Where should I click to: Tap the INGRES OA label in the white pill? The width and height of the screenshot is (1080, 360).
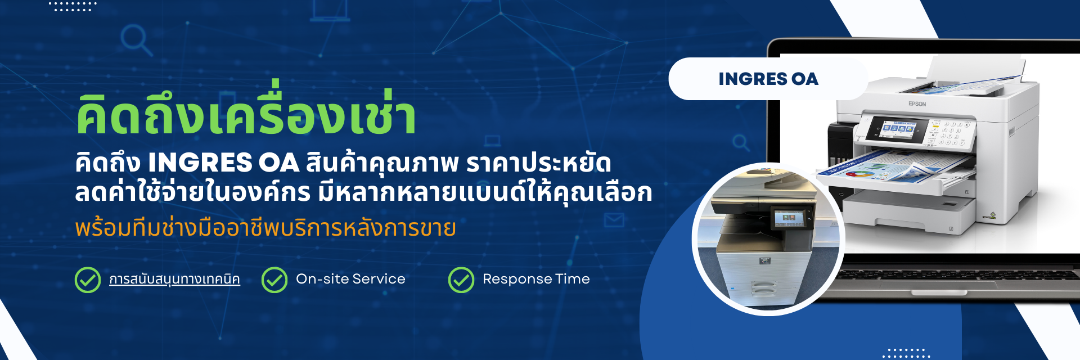(768, 79)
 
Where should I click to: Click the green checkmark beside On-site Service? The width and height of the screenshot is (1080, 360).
(274, 280)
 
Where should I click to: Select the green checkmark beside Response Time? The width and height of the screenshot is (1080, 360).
(461, 280)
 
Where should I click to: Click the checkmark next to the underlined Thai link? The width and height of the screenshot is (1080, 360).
(88, 280)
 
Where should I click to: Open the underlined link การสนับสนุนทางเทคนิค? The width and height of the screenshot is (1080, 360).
(174, 280)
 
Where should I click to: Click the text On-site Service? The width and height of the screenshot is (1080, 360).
(350, 279)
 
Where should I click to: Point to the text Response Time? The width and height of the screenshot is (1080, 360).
(536, 279)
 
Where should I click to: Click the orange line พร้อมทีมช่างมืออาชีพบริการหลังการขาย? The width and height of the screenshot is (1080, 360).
(265, 228)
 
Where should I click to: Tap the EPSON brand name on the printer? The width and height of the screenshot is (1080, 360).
(917, 104)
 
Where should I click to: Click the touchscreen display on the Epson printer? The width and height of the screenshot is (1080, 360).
(898, 129)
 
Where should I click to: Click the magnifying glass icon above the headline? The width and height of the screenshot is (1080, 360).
(136, 40)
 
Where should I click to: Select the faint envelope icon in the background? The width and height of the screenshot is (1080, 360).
(614, 219)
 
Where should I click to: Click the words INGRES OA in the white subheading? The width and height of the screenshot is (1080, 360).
(223, 163)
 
